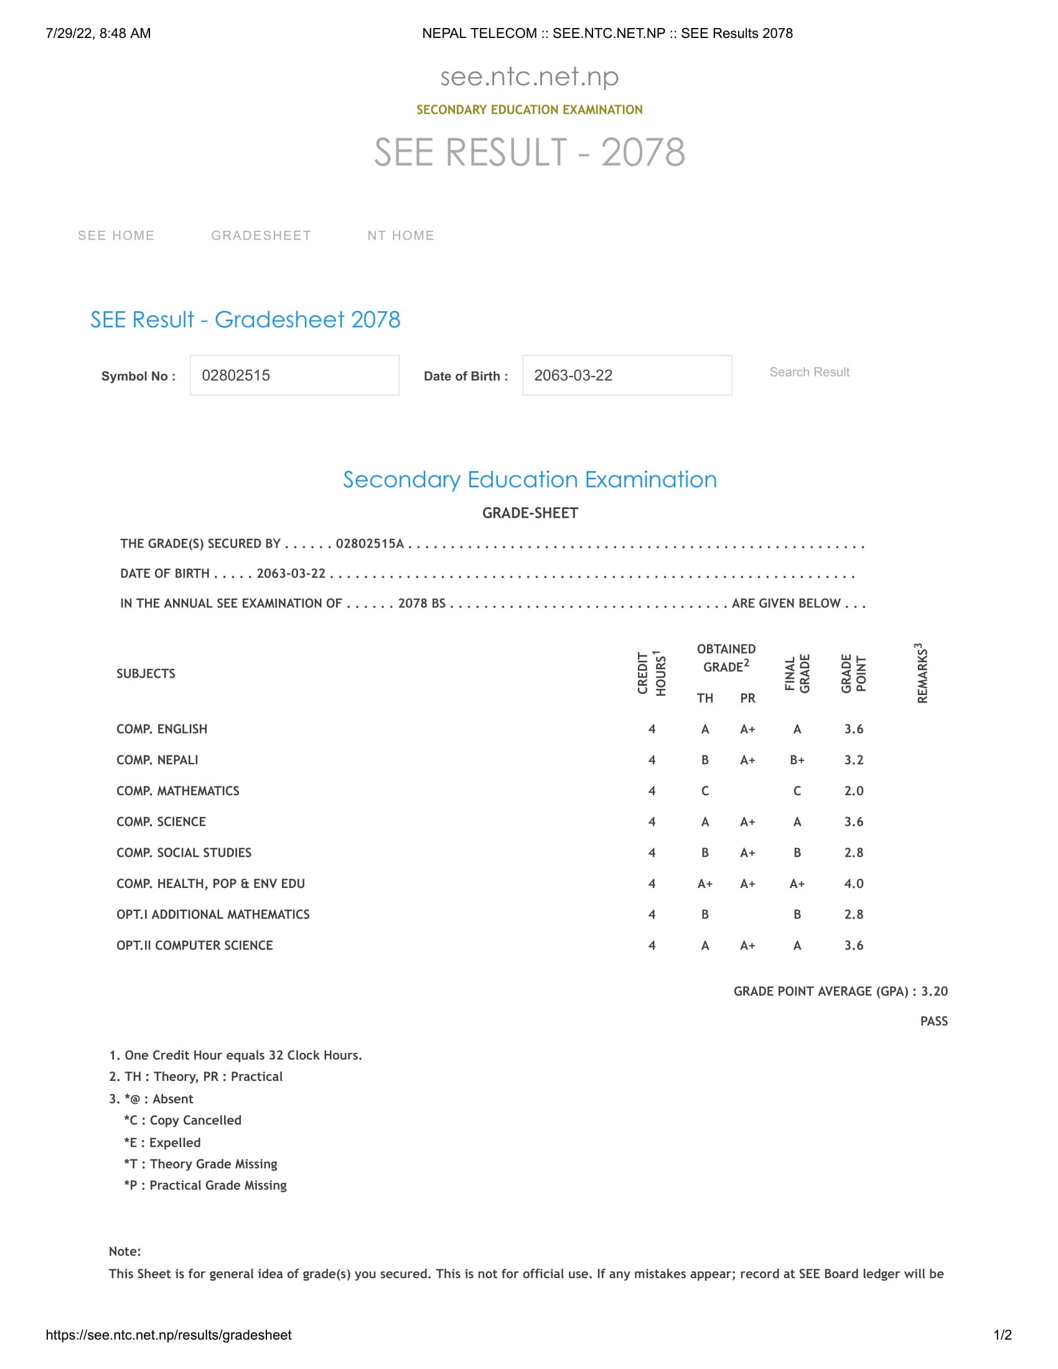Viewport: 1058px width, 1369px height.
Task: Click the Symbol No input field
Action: pos(294,375)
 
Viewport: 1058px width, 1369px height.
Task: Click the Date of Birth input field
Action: pos(626,375)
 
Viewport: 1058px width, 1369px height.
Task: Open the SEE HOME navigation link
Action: pos(116,235)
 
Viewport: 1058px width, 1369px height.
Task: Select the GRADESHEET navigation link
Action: pos(261,235)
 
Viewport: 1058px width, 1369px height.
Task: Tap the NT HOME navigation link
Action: pos(401,235)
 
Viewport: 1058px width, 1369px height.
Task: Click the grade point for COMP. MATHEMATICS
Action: pos(853,790)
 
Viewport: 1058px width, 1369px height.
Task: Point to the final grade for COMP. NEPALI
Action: pos(797,760)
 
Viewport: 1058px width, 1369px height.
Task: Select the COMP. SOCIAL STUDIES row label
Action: pos(184,853)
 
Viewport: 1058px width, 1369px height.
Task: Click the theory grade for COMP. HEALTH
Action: pos(705,883)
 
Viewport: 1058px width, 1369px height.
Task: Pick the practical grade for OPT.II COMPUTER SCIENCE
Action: pos(747,945)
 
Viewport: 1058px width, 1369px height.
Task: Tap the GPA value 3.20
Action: pos(934,991)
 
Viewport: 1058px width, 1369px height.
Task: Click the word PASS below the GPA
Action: pos(934,1021)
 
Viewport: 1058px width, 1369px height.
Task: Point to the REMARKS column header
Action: pos(921,673)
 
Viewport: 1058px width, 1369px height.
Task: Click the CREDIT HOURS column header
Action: pos(651,673)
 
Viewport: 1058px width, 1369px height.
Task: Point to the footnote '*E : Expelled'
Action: pos(162,1142)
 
